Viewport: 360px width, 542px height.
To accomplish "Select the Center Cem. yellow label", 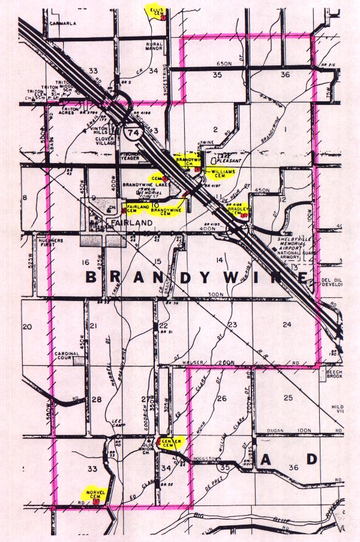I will [x=168, y=443].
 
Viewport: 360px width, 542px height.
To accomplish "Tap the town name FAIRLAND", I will [x=126, y=222].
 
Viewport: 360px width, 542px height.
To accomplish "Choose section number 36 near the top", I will [x=286, y=75].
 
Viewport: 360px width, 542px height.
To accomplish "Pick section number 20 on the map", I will [x=26, y=327].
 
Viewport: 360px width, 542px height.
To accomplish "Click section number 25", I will [x=288, y=398].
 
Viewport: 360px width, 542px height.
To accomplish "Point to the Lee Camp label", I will [x=118, y=424].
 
